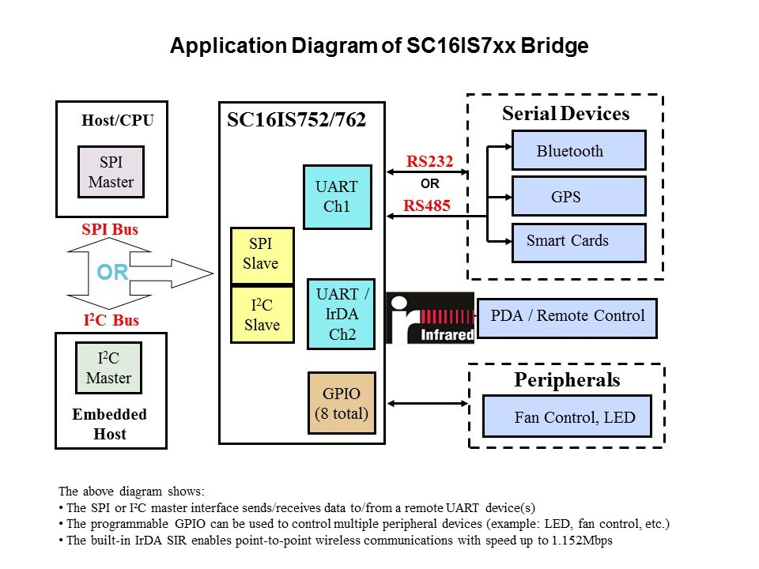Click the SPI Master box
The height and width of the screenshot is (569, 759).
111,171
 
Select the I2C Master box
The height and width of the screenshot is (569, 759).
108,367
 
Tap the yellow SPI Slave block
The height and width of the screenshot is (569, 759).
262,255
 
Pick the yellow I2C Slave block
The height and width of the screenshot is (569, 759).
262,315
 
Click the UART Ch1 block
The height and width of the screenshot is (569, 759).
337,197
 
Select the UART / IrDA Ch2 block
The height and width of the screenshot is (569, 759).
341,314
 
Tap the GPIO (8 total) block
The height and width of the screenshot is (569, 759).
342,402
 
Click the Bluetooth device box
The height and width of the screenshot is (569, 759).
579,151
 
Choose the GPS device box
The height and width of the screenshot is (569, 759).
579,197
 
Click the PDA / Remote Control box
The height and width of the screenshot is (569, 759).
567,316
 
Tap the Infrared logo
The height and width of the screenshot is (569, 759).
430,318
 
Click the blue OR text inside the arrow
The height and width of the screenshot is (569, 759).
112,273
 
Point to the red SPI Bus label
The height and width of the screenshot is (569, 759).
109,230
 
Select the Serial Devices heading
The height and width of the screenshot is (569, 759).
565,114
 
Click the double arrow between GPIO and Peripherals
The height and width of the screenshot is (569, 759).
426,405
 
